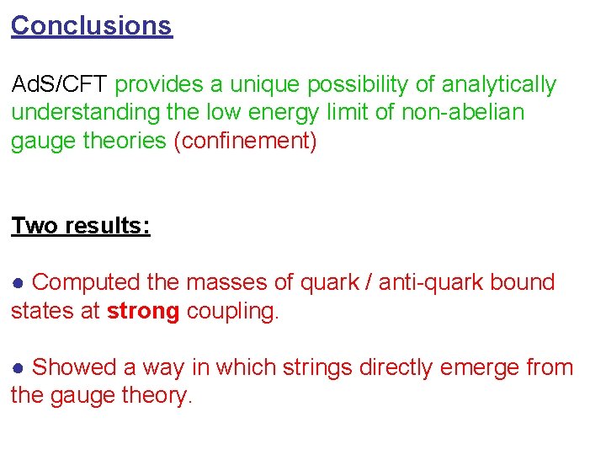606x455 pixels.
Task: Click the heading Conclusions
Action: (91, 26)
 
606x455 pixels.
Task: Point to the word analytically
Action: (498, 85)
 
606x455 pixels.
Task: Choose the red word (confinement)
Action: (245, 141)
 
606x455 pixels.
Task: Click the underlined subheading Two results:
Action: (81, 226)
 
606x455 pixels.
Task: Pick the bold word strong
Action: (143, 311)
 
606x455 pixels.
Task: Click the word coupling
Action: (232, 311)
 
